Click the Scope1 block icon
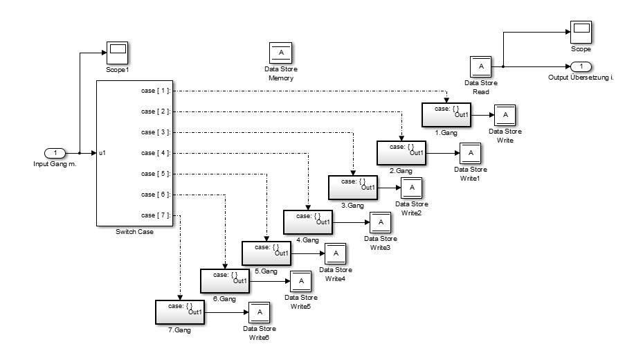click(x=118, y=51)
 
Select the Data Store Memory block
click(x=280, y=53)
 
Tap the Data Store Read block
click(x=481, y=67)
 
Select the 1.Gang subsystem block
click(x=446, y=114)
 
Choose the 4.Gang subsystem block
click(x=308, y=222)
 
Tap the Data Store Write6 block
click(x=260, y=312)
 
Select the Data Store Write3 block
click(x=380, y=222)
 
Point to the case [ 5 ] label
click(x=155, y=174)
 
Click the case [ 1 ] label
click(x=155, y=91)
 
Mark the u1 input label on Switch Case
click(x=102, y=153)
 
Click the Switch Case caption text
click(x=135, y=232)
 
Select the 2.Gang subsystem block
click(x=401, y=152)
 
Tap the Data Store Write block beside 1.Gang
click(x=505, y=115)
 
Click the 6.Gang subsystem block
click(x=224, y=281)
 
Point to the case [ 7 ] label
click(x=155, y=215)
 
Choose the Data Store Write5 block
click(x=300, y=282)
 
